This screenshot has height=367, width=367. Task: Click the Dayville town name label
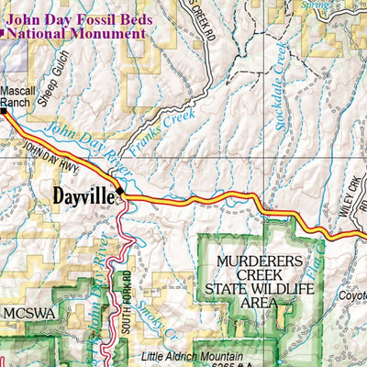(83, 195)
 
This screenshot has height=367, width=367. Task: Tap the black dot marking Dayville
(119, 193)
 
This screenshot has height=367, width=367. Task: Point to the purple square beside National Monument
(4, 33)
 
